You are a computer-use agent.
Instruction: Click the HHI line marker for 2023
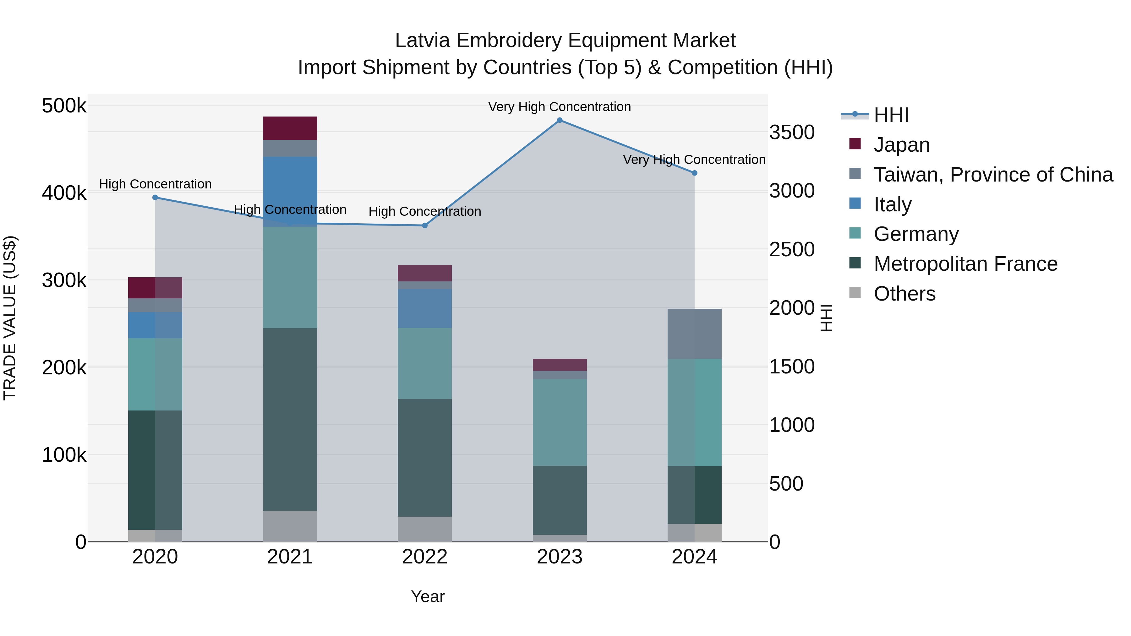pyautogui.click(x=559, y=120)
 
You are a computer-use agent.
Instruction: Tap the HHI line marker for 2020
pyautogui.click(x=155, y=198)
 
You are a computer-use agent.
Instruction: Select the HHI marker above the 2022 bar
pyautogui.click(x=424, y=226)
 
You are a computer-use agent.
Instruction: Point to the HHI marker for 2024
pyautogui.click(x=694, y=173)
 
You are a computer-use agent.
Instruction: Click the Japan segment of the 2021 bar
pyautogui.click(x=290, y=128)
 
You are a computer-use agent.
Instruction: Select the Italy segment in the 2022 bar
pyautogui.click(x=424, y=308)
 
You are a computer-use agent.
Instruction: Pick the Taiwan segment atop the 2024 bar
pyautogui.click(x=694, y=334)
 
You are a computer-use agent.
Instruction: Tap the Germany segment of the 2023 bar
pyautogui.click(x=559, y=422)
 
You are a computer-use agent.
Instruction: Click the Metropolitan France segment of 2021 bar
pyautogui.click(x=290, y=419)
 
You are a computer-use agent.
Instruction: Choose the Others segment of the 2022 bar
pyautogui.click(x=424, y=529)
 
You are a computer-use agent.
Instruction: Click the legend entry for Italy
pyautogui.click(x=892, y=204)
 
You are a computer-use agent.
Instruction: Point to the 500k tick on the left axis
pyautogui.click(x=64, y=106)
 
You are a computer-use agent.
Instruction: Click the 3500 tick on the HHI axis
pyautogui.click(x=792, y=133)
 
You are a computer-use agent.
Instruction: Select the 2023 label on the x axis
pyautogui.click(x=559, y=557)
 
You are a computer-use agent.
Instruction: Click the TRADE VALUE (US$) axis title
pyautogui.click(x=10, y=318)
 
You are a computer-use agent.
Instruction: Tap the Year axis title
pyautogui.click(x=428, y=596)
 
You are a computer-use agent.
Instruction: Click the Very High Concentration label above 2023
pyautogui.click(x=559, y=107)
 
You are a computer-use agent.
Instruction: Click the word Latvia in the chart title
pyautogui.click(x=422, y=41)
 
